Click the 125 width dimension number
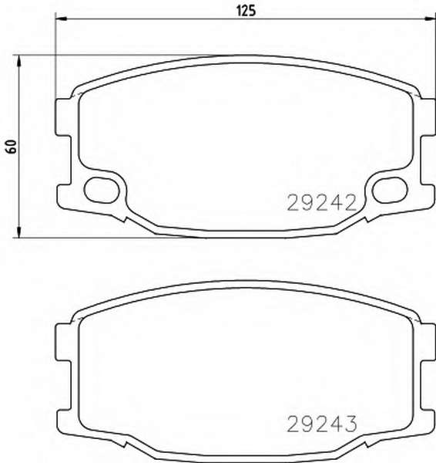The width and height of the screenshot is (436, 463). pos(247,11)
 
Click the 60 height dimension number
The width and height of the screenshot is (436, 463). pos(12,147)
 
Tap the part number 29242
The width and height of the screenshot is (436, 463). pos(322,203)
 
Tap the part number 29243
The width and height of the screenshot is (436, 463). pos(322,424)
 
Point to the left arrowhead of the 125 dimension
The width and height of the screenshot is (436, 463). pos(61,19)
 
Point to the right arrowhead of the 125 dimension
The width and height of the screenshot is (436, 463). pos(430,19)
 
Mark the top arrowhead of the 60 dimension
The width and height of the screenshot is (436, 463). pos(18,61)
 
